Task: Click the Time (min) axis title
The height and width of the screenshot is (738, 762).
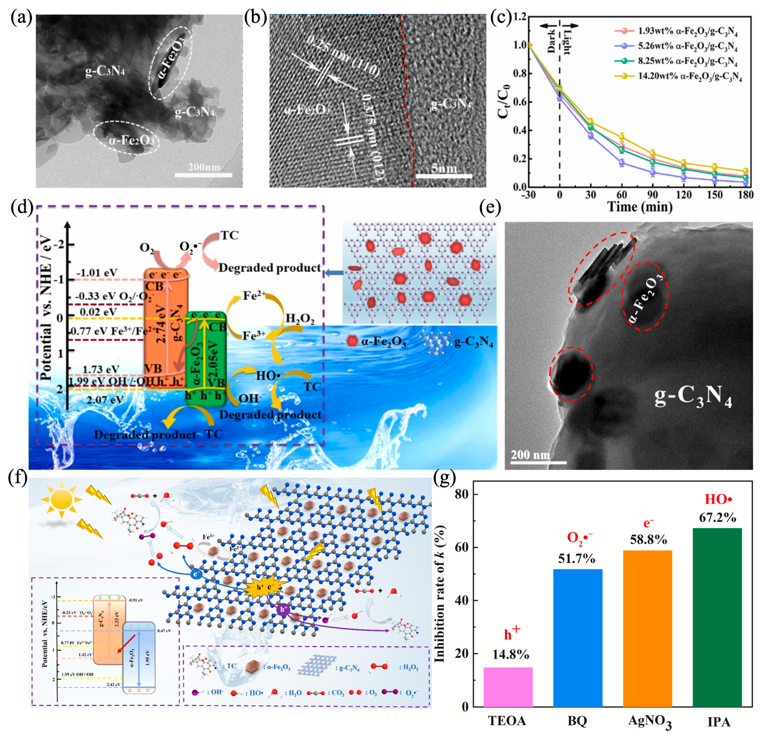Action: (640, 207)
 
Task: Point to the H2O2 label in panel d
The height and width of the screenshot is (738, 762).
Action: (300, 319)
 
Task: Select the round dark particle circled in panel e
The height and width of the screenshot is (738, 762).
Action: (570, 373)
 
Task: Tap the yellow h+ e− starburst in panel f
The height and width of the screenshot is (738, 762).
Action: (265, 587)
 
